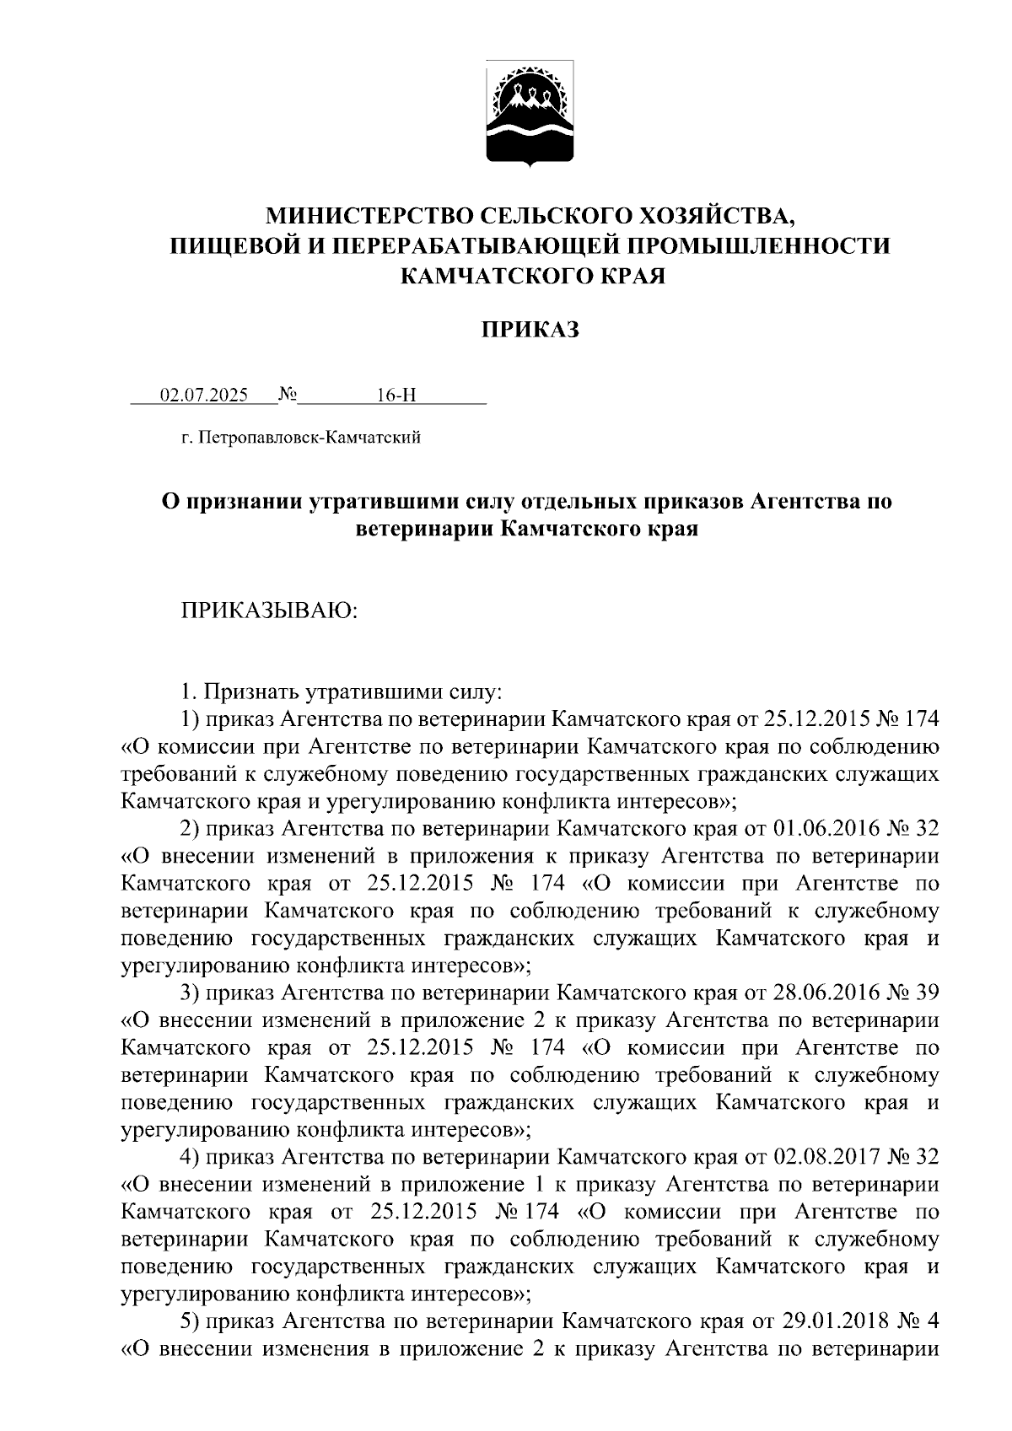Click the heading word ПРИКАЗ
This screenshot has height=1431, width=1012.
[x=530, y=330]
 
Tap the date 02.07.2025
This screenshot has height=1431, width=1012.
[x=203, y=395]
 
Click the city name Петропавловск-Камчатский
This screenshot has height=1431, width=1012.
[x=312, y=437]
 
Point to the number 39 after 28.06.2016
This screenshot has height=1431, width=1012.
[x=926, y=993]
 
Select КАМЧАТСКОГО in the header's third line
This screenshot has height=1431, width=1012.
[x=485, y=275]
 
